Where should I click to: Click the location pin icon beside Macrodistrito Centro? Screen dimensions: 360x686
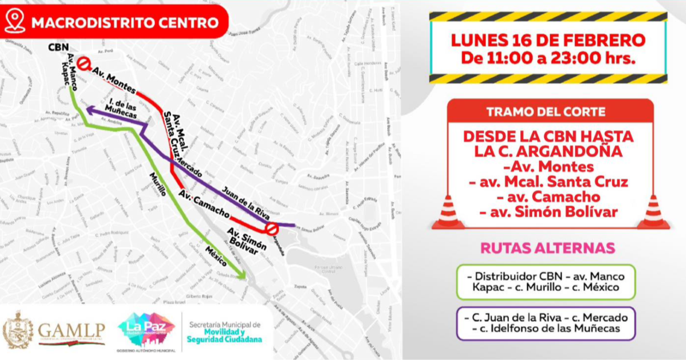[15, 22]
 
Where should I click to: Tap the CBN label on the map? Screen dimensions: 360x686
[58, 47]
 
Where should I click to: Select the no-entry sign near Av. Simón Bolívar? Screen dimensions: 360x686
[271, 229]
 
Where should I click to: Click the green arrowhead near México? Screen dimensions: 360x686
[242, 275]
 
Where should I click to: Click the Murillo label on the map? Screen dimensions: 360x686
[158, 185]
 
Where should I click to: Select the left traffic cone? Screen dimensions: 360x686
[448, 213]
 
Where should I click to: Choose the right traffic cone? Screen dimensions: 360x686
[653, 213]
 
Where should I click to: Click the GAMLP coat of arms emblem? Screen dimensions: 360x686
[18, 330]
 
